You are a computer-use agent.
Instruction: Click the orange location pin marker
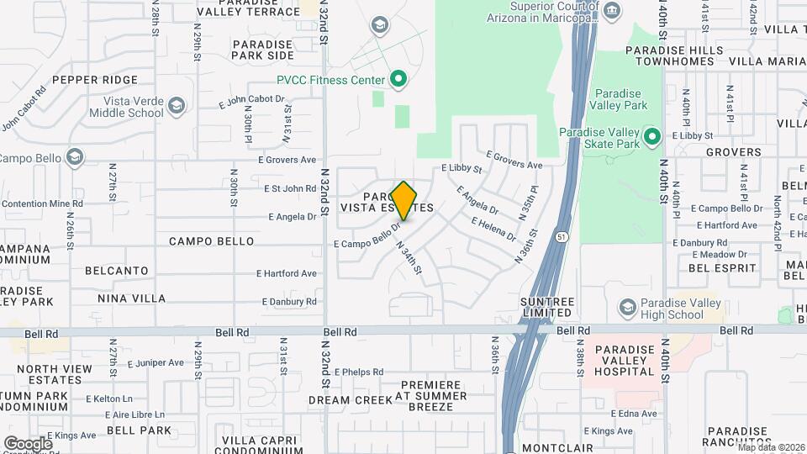point(404,201)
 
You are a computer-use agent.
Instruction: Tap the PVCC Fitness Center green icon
point(399,80)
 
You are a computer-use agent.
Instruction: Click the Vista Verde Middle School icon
point(176,105)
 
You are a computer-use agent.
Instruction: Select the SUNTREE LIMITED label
point(547,307)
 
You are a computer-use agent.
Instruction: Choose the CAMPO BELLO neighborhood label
point(211,241)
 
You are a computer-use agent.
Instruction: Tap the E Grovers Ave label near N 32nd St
point(287,159)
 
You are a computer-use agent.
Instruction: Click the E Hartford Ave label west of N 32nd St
point(287,273)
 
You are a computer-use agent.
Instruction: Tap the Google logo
point(28,443)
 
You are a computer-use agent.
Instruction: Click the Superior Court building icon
point(612,11)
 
